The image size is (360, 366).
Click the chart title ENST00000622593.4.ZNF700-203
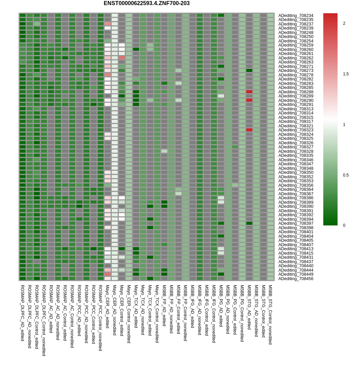pyautogui.click(x=147, y=3)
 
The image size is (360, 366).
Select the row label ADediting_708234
pyautogui.click(x=296, y=15)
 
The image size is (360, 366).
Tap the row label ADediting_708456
pyautogui.click(x=296, y=279)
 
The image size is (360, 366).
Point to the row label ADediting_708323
pyautogui.click(x=296, y=130)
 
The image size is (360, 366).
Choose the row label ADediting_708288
pyautogui.click(x=296, y=92)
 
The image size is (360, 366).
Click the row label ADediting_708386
pyautogui.click(x=296, y=198)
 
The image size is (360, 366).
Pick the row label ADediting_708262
pyautogui.click(x=296, y=58)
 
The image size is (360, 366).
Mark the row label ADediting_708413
pyautogui.click(x=296, y=249)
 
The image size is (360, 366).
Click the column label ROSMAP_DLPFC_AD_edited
pyautogui.click(x=22, y=312)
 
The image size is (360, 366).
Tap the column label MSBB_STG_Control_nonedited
pyautogui.click(x=270, y=314)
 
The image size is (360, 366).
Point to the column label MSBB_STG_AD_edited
pyautogui.click(x=249, y=307)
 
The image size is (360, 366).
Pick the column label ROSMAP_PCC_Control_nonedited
pyautogui.click(x=100, y=317)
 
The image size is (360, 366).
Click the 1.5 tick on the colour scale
pyautogui.click(x=346, y=74)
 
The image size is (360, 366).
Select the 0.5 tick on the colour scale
pyautogui.click(x=346, y=175)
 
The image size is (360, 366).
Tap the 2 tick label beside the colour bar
pyautogui.click(x=344, y=23)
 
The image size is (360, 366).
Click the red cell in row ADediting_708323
pyautogui.click(x=249, y=130)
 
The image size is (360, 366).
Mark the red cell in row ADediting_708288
pyautogui.click(x=249, y=92)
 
